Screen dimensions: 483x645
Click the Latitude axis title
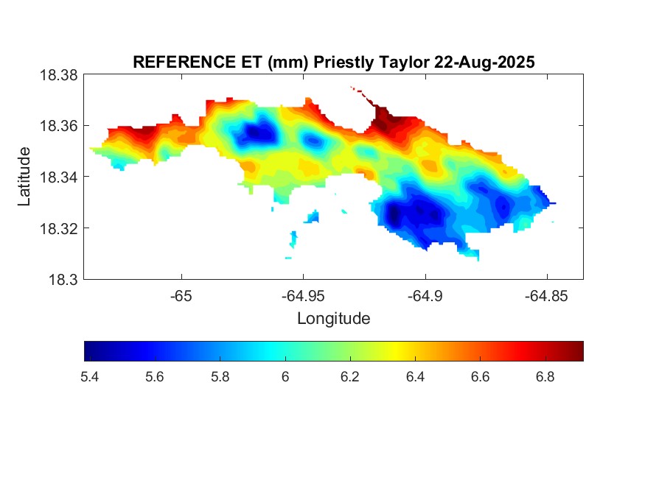click(x=24, y=177)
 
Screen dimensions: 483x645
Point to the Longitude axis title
click(x=333, y=319)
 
